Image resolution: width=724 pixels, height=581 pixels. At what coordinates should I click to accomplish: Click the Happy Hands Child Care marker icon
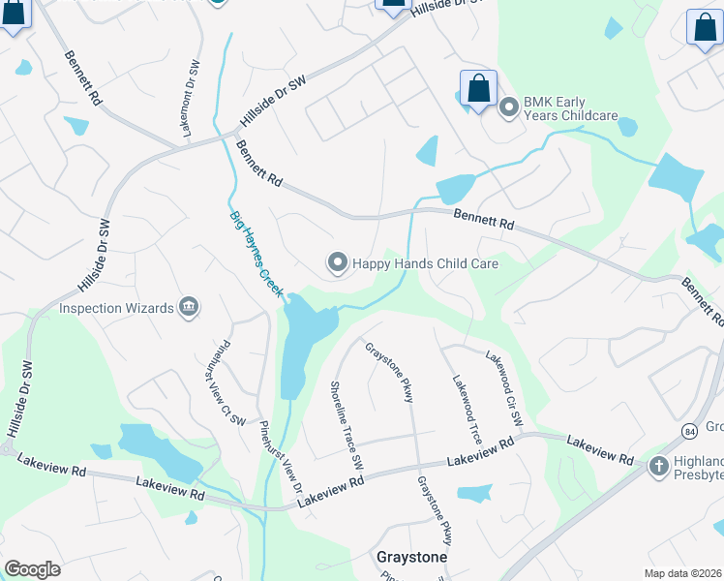point(337,262)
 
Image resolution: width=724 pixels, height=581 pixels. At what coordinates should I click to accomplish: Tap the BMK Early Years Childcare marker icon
point(508,107)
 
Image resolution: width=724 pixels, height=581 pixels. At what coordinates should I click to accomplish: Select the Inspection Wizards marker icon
point(189,308)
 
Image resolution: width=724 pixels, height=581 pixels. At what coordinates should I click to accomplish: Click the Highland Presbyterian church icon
point(658,467)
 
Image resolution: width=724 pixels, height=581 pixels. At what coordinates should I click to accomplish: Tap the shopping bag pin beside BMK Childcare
point(478,89)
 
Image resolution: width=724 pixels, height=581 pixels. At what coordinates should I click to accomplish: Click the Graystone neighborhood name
point(411,558)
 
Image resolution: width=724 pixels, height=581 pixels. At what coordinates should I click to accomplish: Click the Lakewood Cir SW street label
point(503,388)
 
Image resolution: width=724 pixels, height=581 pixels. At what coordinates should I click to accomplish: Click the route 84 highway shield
point(688,429)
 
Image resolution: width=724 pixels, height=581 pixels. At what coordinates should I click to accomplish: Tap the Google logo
point(33,569)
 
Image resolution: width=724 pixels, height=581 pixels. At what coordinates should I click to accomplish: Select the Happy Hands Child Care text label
point(426,262)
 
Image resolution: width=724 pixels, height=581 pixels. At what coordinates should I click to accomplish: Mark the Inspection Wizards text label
point(116,308)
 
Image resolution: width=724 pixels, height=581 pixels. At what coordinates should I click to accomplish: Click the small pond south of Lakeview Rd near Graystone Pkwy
point(475,493)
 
